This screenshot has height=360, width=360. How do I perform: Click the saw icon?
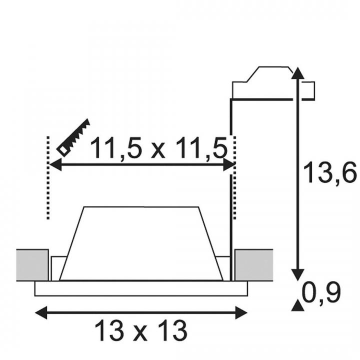(73, 137)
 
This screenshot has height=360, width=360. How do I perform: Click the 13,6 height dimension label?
(329, 172)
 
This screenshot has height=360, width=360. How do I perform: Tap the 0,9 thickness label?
(321, 293)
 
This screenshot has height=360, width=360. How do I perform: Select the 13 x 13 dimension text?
(140, 331)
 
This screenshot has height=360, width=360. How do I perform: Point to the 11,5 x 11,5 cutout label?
(159, 147)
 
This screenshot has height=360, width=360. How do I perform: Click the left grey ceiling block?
(32, 265)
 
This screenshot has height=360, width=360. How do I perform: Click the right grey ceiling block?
(254, 265)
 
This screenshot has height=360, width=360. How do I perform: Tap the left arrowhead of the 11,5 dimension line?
(55, 164)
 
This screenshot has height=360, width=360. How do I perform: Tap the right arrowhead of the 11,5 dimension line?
(229, 164)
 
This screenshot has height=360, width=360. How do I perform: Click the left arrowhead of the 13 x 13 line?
(41, 312)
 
